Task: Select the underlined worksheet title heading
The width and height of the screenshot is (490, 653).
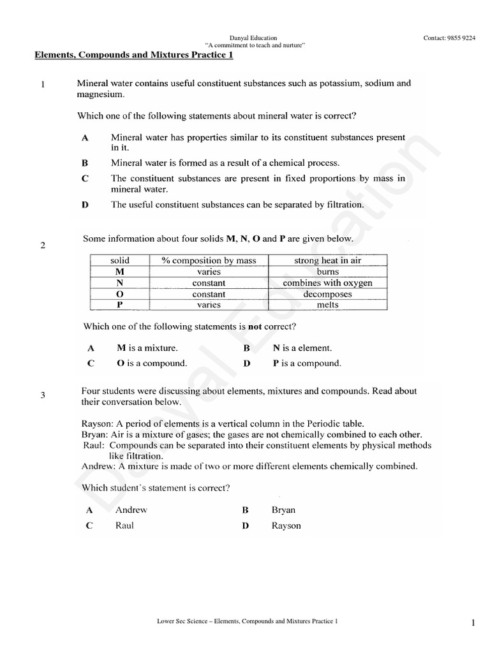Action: [x=133, y=55]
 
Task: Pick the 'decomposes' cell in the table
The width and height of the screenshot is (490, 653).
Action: [x=327, y=294]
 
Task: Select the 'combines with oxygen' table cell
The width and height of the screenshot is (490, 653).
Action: [x=327, y=282]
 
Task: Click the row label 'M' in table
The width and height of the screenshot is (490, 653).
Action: [x=119, y=272]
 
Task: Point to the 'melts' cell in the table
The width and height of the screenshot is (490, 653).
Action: [x=327, y=305]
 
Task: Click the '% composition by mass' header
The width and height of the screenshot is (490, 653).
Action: [x=209, y=260]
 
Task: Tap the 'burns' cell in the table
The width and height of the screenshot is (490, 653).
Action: [x=327, y=272]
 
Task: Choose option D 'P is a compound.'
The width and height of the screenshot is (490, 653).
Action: [x=307, y=363]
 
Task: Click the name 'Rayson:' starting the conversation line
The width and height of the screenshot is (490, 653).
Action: [x=98, y=423]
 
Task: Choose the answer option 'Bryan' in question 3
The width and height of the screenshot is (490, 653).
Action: [x=283, y=510]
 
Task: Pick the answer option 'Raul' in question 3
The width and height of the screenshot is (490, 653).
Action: [x=124, y=526]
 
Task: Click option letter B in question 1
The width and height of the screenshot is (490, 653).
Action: [x=85, y=163]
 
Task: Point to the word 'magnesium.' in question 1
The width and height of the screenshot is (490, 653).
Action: [x=101, y=94]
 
